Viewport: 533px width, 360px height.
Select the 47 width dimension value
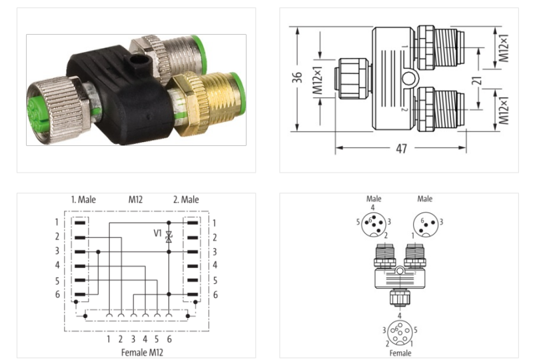pyautogui.click(x=401, y=149)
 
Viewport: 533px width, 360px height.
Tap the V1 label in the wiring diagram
pyautogui.click(x=157, y=234)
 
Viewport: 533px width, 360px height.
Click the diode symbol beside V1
pyautogui.click(x=169, y=236)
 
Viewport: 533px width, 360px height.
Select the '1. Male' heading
pyautogui.click(x=84, y=199)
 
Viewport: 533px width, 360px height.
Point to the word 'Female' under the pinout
pyautogui.click(x=400, y=353)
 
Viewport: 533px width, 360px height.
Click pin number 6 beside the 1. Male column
pyautogui.click(x=57, y=294)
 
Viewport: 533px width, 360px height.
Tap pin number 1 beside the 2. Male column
pyautogui.click(x=215, y=222)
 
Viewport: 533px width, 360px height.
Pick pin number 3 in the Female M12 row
pyautogui.click(x=133, y=339)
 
